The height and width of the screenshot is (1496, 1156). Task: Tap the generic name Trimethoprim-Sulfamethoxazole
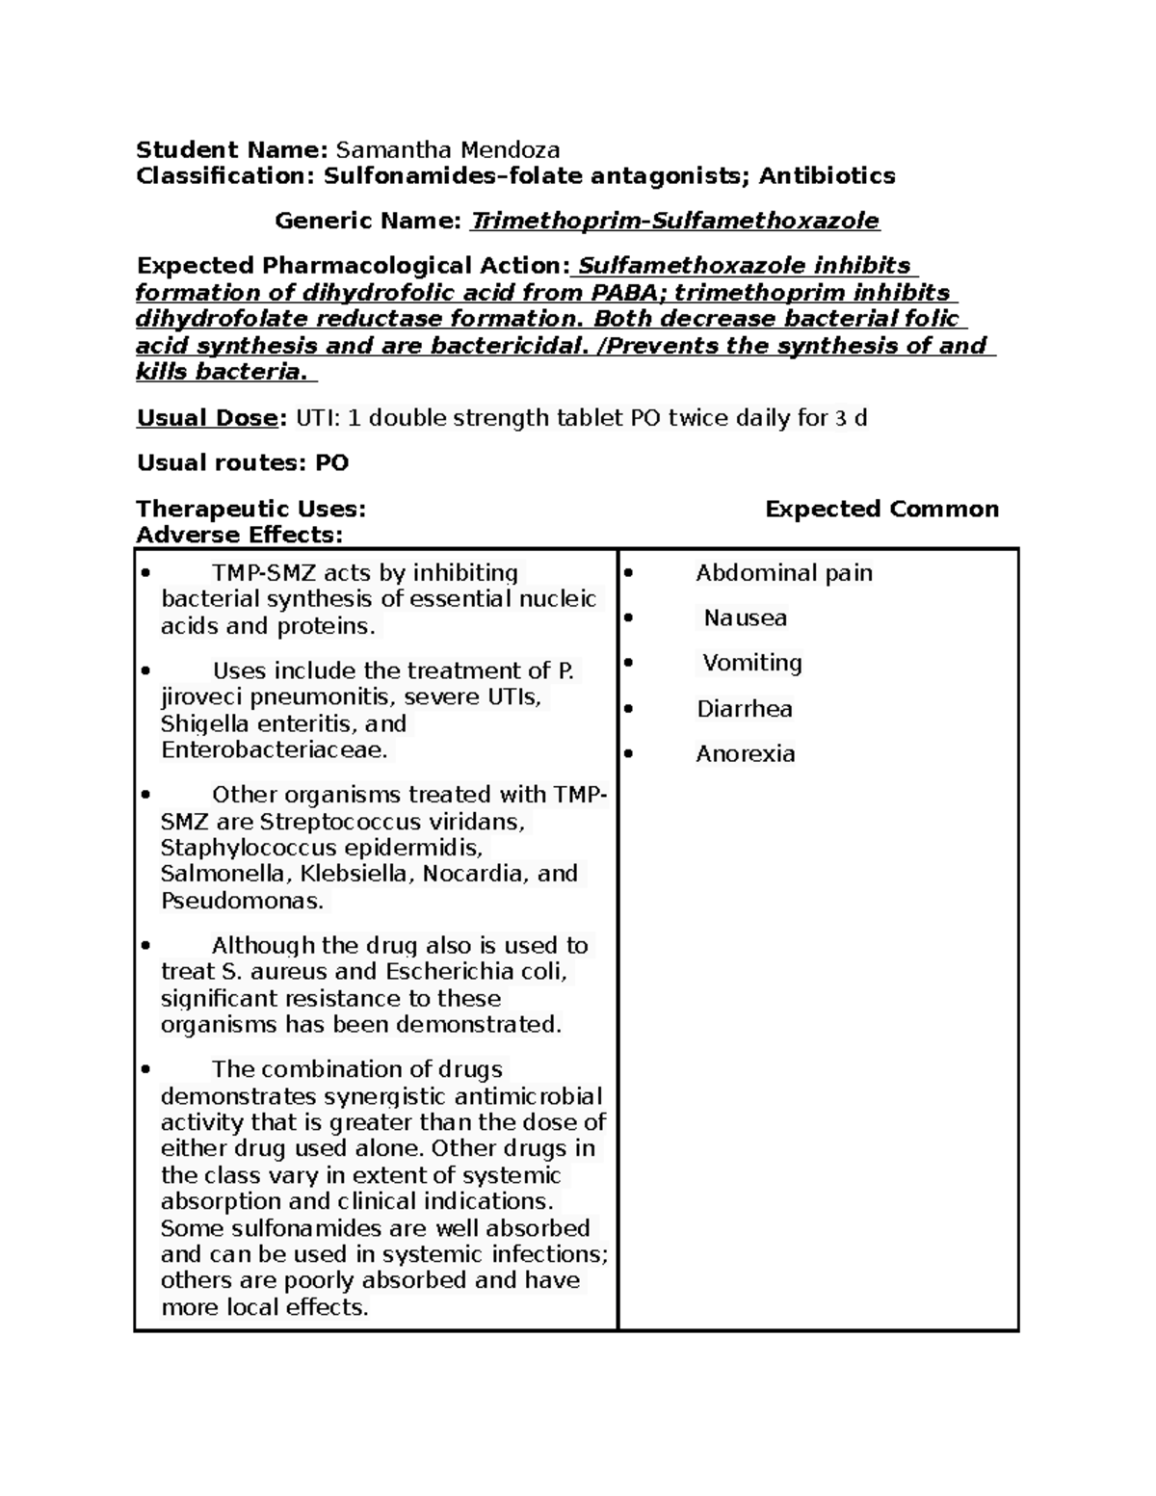tap(674, 222)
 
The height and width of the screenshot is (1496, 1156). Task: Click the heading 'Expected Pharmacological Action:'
tap(353, 266)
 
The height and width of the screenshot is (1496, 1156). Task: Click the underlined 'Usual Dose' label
tap(211, 418)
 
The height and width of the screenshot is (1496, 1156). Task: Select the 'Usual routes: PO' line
tap(243, 463)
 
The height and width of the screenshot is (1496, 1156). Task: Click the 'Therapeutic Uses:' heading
tap(250, 509)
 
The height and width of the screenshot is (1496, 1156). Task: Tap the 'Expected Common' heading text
tap(881, 509)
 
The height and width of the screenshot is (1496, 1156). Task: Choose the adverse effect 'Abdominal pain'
tap(784, 573)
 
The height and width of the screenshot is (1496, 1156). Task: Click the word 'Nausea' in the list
tap(745, 618)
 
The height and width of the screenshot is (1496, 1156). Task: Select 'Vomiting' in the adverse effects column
tap(751, 663)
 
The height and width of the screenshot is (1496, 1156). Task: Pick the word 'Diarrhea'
tap(745, 709)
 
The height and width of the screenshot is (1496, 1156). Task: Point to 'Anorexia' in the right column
tap(746, 754)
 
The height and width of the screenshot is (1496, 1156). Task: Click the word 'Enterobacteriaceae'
tap(274, 749)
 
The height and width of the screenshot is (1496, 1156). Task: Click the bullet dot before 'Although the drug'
tap(145, 946)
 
